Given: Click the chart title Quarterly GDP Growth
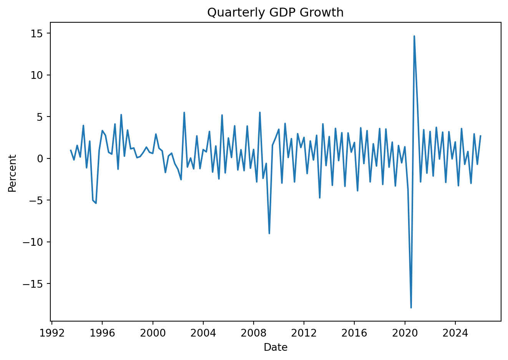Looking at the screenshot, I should (275, 13).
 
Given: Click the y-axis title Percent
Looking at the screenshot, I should (12, 173).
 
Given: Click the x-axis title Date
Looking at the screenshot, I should (276, 347).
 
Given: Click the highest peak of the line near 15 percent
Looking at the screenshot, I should (414, 36).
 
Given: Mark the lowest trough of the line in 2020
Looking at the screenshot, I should (411, 308).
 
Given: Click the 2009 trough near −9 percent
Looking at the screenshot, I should (269, 233).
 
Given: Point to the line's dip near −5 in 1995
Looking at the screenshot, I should (96, 203).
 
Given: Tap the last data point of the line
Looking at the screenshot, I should (480, 136).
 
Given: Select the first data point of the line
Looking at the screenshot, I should (71, 150).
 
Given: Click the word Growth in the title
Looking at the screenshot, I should (322, 13).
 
